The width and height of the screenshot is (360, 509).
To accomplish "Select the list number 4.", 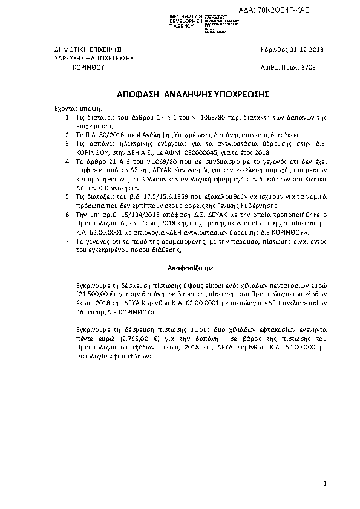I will pyautogui.click(x=67, y=162).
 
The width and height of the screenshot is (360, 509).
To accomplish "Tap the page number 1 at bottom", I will pyautogui.click(x=324, y=482).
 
